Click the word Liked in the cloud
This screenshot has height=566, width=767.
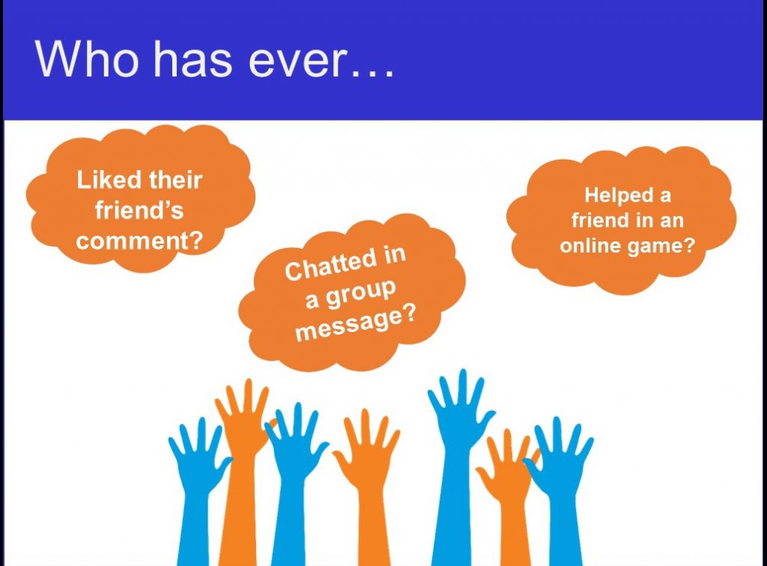click(109, 180)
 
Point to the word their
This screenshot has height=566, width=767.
click(175, 180)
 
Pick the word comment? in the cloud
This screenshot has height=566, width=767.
click(139, 241)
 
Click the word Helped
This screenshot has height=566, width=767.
click(619, 196)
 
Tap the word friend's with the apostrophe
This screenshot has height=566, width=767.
click(139, 211)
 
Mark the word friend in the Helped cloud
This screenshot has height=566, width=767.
click(599, 220)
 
